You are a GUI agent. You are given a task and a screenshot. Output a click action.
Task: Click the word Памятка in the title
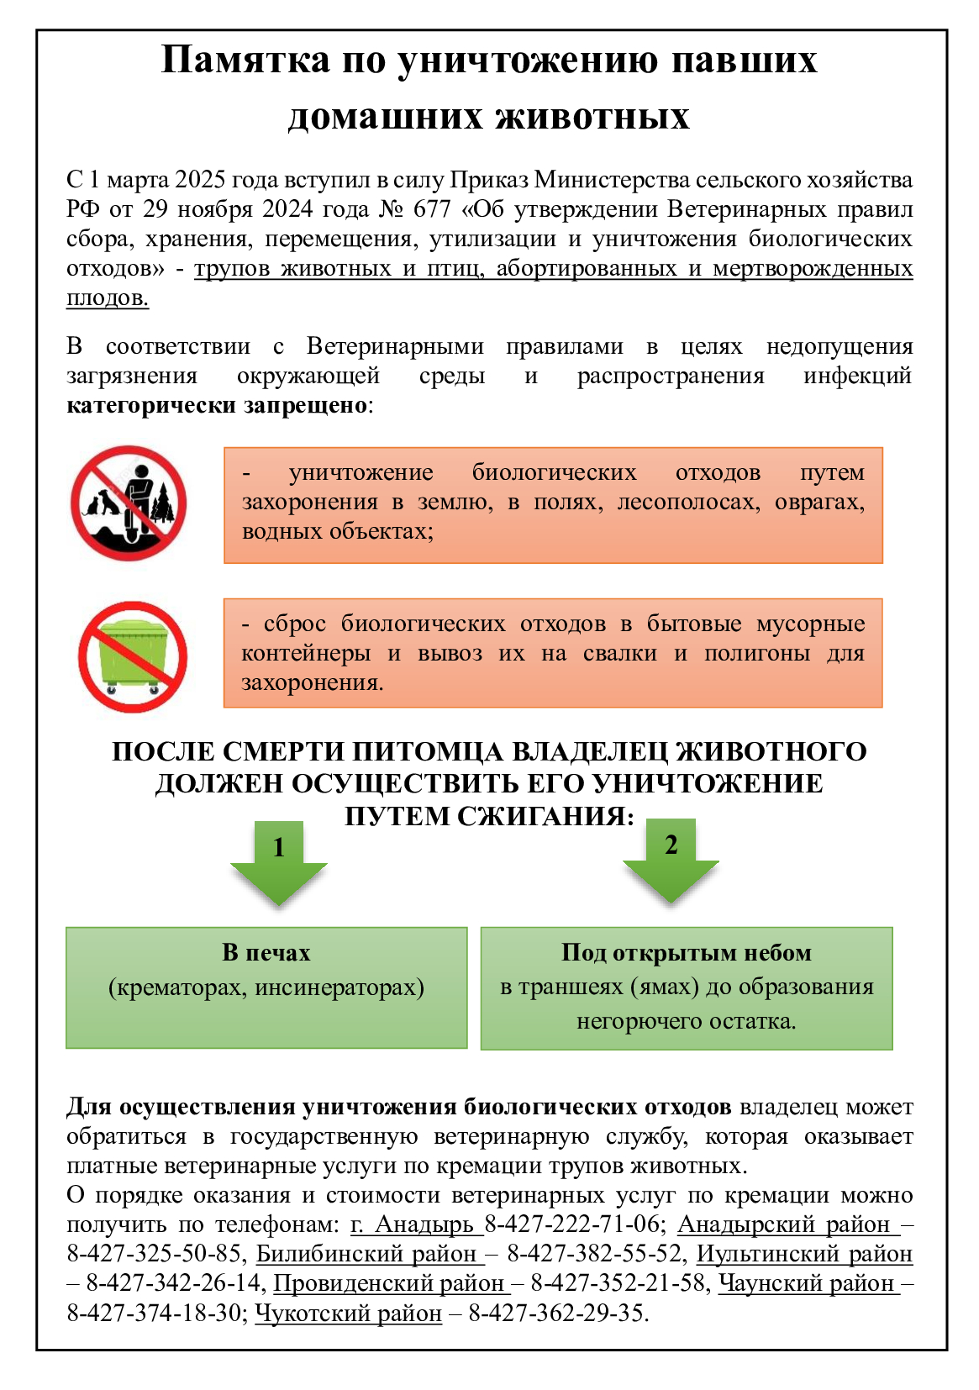coord(245,61)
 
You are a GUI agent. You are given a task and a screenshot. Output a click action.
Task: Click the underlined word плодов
coord(108,298)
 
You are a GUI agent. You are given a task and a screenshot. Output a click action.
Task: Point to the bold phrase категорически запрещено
coord(217,406)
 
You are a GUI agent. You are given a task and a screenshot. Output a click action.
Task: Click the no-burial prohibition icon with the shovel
coord(129,503)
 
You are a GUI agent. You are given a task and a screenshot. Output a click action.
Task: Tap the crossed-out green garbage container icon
coord(132,656)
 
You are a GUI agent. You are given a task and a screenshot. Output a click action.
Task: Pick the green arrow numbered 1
coord(279,862)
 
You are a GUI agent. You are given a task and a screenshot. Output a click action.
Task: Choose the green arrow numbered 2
coord(671,860)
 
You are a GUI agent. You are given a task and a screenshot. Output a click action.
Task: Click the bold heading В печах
coord(266,953)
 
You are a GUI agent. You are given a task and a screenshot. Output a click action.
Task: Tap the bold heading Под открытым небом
coord(687,953)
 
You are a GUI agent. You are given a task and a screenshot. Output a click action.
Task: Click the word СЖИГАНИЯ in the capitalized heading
coord(545,816)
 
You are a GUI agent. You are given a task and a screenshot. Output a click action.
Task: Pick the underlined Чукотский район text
coord(348,1314)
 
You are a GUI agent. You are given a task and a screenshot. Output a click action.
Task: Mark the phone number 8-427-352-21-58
coord(619,1284)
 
